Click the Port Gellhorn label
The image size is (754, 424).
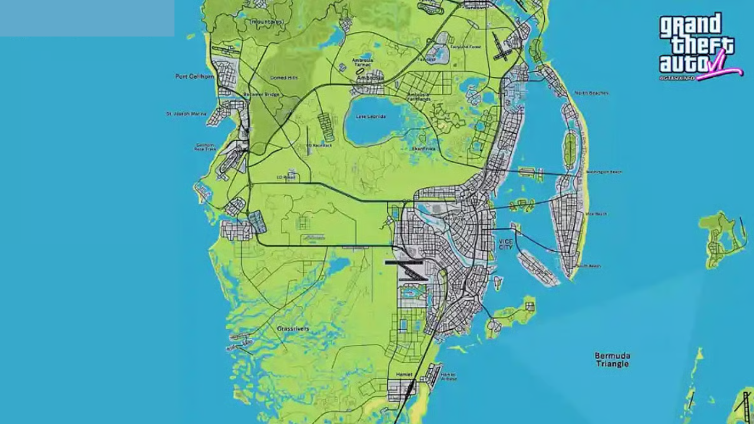(194, 76)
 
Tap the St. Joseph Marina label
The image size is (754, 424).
(186, 114)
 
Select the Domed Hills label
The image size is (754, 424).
(283, 78)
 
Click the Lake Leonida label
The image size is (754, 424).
(370, 117)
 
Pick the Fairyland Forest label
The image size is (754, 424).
(466, 47)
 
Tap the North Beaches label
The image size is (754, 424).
(591, 93)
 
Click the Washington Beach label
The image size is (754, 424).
(604, 172)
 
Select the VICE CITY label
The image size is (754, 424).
(505, 244)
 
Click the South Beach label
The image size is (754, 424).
(588, 266)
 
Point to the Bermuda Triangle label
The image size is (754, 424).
(612, 360)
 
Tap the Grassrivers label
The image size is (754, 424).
(293, 329)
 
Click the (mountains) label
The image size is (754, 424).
(267, 22)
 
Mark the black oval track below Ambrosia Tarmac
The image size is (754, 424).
(361, 71)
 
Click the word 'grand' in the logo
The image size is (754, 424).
(690, 26)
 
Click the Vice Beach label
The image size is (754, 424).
(597, 214)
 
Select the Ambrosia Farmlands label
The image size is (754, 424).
(419, 96)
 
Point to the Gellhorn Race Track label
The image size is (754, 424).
(204, 147)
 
